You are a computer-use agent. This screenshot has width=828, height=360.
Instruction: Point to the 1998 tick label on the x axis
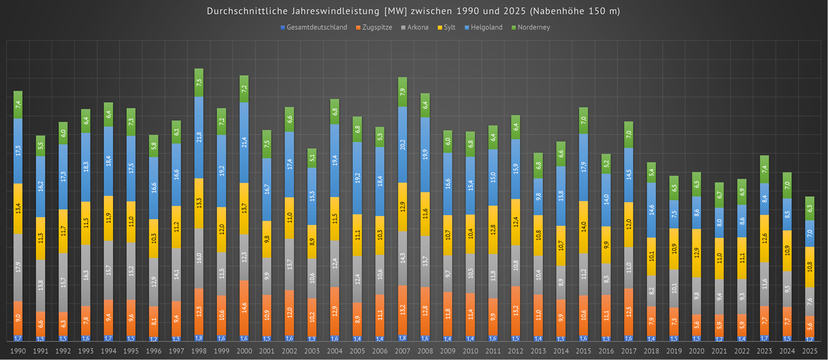click(199, 351)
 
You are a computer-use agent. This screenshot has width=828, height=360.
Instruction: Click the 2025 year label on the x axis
click(810, 351)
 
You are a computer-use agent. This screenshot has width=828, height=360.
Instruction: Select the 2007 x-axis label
click(402, 351)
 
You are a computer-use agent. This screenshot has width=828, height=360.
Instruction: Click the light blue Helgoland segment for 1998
click(199, 137)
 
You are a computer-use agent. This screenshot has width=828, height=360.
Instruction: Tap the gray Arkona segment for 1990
click(18, 267)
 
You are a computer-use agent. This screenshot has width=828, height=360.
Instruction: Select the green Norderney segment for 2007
click(402, 92)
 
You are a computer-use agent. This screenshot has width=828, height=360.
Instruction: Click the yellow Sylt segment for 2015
click(583, 227)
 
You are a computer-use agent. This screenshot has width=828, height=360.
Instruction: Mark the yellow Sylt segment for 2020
click(696, 253)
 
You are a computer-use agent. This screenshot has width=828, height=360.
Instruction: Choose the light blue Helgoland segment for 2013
click(538, 196)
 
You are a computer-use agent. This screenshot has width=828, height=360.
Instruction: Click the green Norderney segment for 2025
click(810, 208)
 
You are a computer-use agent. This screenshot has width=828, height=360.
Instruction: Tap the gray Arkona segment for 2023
click(764, 284)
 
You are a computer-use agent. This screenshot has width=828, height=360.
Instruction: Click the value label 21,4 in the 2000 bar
click(244, 142)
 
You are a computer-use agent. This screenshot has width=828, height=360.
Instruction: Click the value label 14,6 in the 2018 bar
click(651, 210)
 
